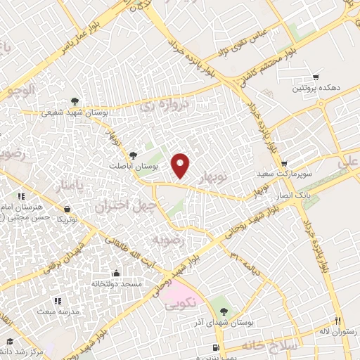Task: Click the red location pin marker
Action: tap(182, 165)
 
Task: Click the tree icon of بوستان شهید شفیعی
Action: tap(75, 101)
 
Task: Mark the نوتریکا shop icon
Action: tap(67, 209)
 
